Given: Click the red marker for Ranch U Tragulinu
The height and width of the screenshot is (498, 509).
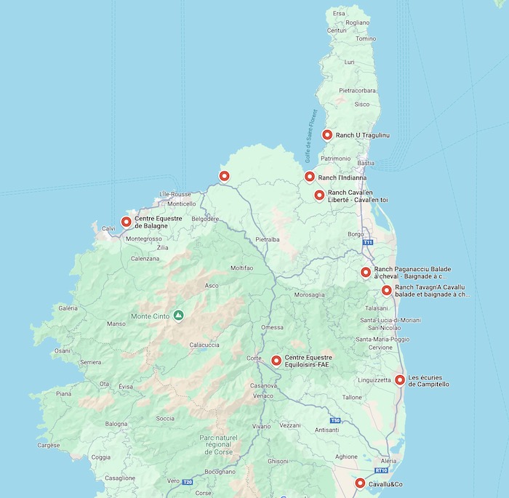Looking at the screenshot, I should pos(327,134).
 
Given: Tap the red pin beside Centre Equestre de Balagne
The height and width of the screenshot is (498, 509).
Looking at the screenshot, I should pos(127,222).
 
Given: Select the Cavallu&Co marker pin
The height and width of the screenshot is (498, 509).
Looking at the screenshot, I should pos(360,483).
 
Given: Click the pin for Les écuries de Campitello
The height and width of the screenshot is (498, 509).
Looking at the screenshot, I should pos(400,379).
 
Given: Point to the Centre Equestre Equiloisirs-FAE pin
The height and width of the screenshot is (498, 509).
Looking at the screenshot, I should pos(276,361).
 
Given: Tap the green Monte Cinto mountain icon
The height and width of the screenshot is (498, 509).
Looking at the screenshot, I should pos(178,316).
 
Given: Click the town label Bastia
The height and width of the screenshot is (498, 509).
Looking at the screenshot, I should pos(366,164).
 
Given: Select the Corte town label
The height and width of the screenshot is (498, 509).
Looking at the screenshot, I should pos(254,358).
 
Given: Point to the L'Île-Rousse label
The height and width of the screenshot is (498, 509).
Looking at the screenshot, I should pos(174,195).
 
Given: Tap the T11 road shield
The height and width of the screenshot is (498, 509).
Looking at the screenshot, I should pos(368,242).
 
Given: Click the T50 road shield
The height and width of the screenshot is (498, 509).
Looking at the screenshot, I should pos(334,421).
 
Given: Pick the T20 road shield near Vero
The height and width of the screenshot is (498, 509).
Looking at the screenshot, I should pos(187,481).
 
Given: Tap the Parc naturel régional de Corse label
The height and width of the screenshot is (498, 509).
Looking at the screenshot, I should pos(218,444).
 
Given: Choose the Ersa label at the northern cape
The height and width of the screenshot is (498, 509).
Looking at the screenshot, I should pos(339,13).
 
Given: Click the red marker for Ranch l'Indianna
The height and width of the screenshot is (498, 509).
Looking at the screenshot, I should pos(310,177).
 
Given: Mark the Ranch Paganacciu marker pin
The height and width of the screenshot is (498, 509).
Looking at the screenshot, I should pos(366,273).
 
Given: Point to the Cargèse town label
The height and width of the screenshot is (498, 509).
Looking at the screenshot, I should pos(49,445).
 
